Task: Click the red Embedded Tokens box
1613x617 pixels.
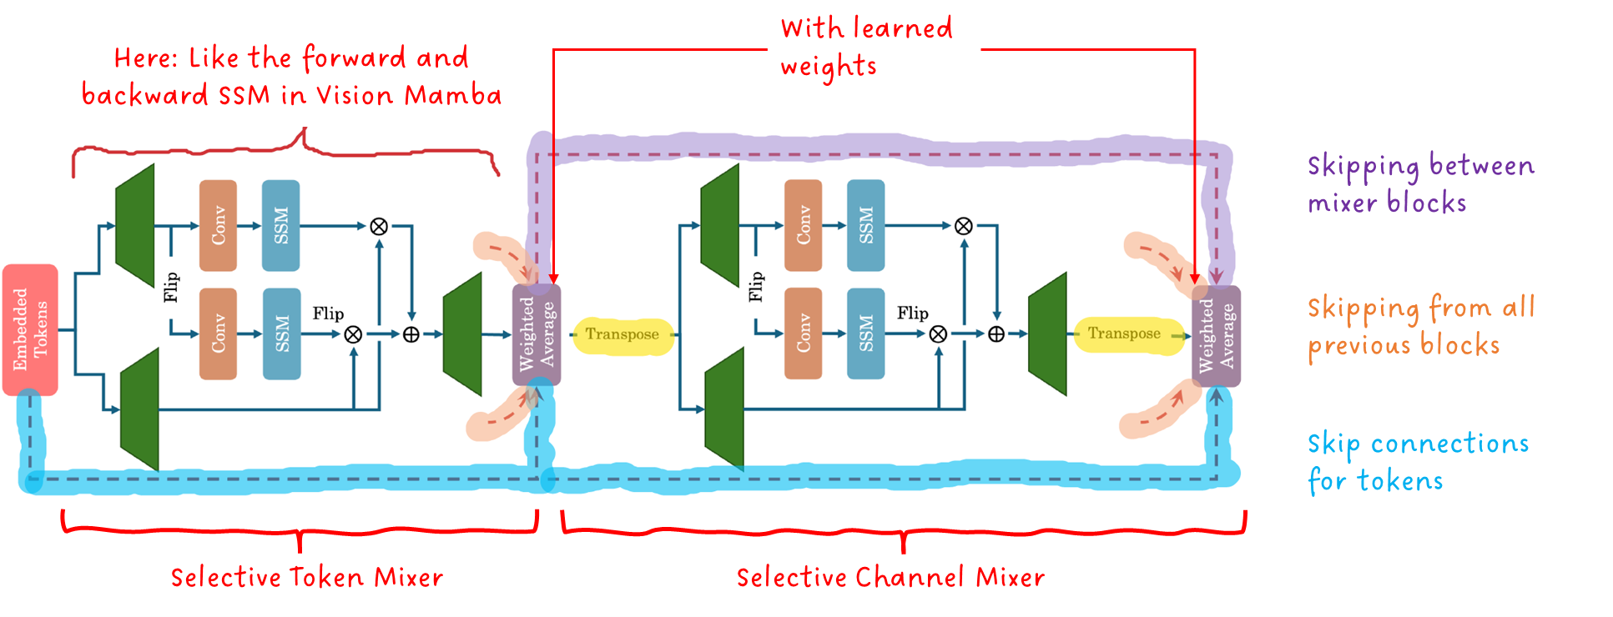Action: click(x=30, y=329)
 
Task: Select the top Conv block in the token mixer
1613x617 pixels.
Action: click(x=218, y=225)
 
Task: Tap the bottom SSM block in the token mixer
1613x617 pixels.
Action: click(x=281, y=334)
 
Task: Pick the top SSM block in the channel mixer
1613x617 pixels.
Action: click(x=865, y=225)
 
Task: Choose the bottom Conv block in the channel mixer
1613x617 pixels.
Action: click(x=803, y=334)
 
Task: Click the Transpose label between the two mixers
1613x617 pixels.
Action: click(x=622, y=334)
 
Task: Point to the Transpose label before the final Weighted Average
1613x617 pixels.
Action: click(x=1123, y=334)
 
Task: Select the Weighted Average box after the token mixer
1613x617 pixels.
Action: click(x=537, y=334)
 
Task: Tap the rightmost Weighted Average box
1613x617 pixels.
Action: click(x=1216, y=336)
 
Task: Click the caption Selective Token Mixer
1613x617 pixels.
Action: click(x=306, y=577)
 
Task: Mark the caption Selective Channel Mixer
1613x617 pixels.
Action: click(x=890, y=577)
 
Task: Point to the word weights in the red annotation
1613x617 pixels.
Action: click(x=829, y=67)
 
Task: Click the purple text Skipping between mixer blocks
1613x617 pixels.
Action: click(x=1420, y=183)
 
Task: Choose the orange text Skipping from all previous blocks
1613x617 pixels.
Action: click(x=1420, y=326)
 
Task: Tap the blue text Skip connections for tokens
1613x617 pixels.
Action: click(x=1418, y=462)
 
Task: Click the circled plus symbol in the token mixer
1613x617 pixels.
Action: click(x=411, y=334)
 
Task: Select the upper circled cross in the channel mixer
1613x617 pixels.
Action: click(x=963, y=226)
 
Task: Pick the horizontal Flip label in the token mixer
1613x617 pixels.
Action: click(x=328, y=314)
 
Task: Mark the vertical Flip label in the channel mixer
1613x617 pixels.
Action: click(x=757, y=286)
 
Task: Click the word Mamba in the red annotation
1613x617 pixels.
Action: click(x=452, y=95)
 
